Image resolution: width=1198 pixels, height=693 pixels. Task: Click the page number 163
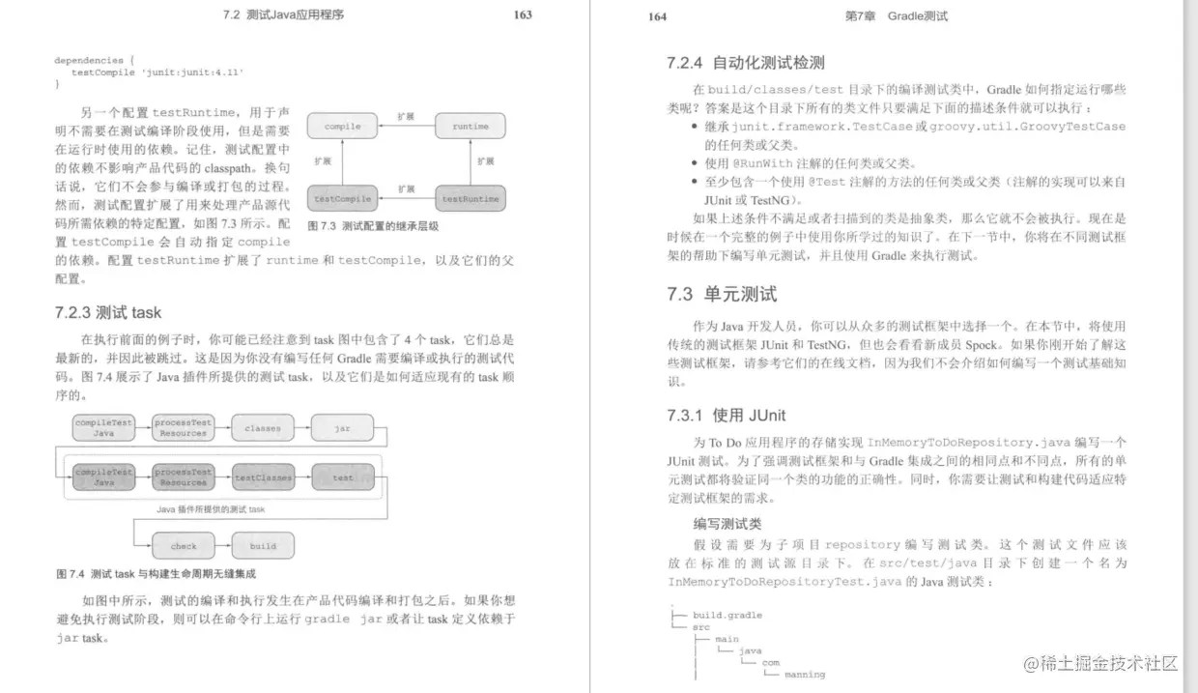(523, 14)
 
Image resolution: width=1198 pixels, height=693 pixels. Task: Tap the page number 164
(657, 16)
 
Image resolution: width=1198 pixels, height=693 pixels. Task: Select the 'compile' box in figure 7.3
(342, 127)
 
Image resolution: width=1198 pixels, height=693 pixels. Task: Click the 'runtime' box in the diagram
(471, 127)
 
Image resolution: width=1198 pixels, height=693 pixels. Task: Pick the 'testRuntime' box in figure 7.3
(471, 199)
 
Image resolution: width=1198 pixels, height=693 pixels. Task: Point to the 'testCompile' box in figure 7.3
(342, 199)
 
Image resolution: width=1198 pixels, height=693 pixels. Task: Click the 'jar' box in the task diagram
(342, 427)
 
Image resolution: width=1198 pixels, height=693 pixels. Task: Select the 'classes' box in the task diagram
(263, 427)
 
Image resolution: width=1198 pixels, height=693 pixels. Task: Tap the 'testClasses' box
(263, 477)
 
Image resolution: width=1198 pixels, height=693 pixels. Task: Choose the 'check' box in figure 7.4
(184, 546)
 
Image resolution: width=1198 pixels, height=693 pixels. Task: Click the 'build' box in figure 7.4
(263, 546)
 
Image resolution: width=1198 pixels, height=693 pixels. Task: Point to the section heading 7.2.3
(108, 313)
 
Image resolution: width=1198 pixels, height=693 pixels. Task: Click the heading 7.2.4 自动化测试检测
(745, 63)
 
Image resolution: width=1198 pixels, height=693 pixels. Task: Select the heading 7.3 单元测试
(721, 294)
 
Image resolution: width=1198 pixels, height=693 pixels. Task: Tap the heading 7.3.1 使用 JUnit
(726, 416)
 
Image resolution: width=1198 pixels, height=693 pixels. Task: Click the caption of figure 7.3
(372, 226)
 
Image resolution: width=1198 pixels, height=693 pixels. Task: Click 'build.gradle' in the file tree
(727, 615)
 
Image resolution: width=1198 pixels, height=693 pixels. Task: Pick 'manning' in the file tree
(804, 674)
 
